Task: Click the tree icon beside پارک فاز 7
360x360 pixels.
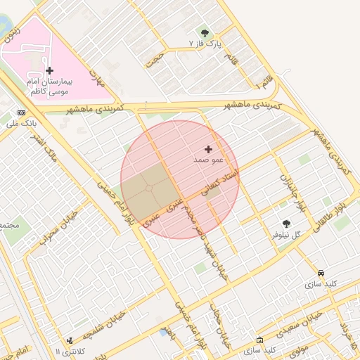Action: pos(205,33)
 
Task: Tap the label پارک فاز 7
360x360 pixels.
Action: pos(205,44)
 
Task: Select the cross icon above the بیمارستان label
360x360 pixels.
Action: pos(49,70)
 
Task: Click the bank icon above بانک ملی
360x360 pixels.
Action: pos(21,112)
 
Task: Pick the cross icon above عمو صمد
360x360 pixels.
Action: pos(208,149)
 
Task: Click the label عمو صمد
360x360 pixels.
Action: pos(207,160)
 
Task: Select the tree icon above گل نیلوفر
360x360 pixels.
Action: pos(285,223)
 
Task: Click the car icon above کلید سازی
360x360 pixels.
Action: pos(321,273)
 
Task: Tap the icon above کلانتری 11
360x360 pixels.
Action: pos(69,340)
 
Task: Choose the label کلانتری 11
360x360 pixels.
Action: pos(70,351)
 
